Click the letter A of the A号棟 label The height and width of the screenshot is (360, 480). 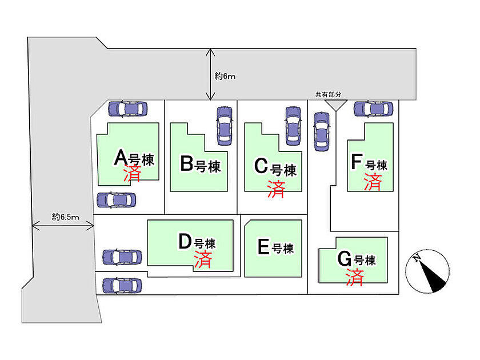pyautogui.click(x=121, y=157)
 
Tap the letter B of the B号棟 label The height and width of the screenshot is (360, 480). pyautogui.click(x=187, y=163)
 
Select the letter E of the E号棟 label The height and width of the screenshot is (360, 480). pyautogui.click(x=263, y=247)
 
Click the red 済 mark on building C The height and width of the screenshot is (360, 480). pyautogui.click(x=276, y=189)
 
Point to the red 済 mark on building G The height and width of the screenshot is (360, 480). pyautogui.click(x=355, y=277)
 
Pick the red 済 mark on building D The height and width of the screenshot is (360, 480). pyautogui.click(x=203, y=259)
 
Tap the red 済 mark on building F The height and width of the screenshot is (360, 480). pyautogui.click(x=373, y=182)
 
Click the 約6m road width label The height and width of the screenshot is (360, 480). pyautogui.click(x=225, y=76)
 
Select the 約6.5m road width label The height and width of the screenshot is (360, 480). pyautogui.click(x=66, y=217)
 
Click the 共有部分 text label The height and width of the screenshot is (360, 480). pyautogui.click(x=328, y=95)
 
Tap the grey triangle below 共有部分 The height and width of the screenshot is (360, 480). pyautogui.click(x=336, y=104)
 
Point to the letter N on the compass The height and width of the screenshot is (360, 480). pyautogui.click(x=417, y=258)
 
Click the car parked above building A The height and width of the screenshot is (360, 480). pyautogui.click(x=127, y=109)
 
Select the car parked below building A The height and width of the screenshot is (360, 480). pyautogui.click(x=117, y=200)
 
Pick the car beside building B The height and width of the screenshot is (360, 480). pyautogui.click(x=225, y=126)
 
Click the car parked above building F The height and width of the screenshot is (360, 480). pyautogui.click(x=374, y=109)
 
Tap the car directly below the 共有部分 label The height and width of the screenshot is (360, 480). pyautogui.click(x=322, y=131)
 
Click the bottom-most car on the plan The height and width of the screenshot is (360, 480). pyautogui.click(x=122, y=286)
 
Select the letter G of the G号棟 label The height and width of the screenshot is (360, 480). pyautogui.click(x=345, y=259)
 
